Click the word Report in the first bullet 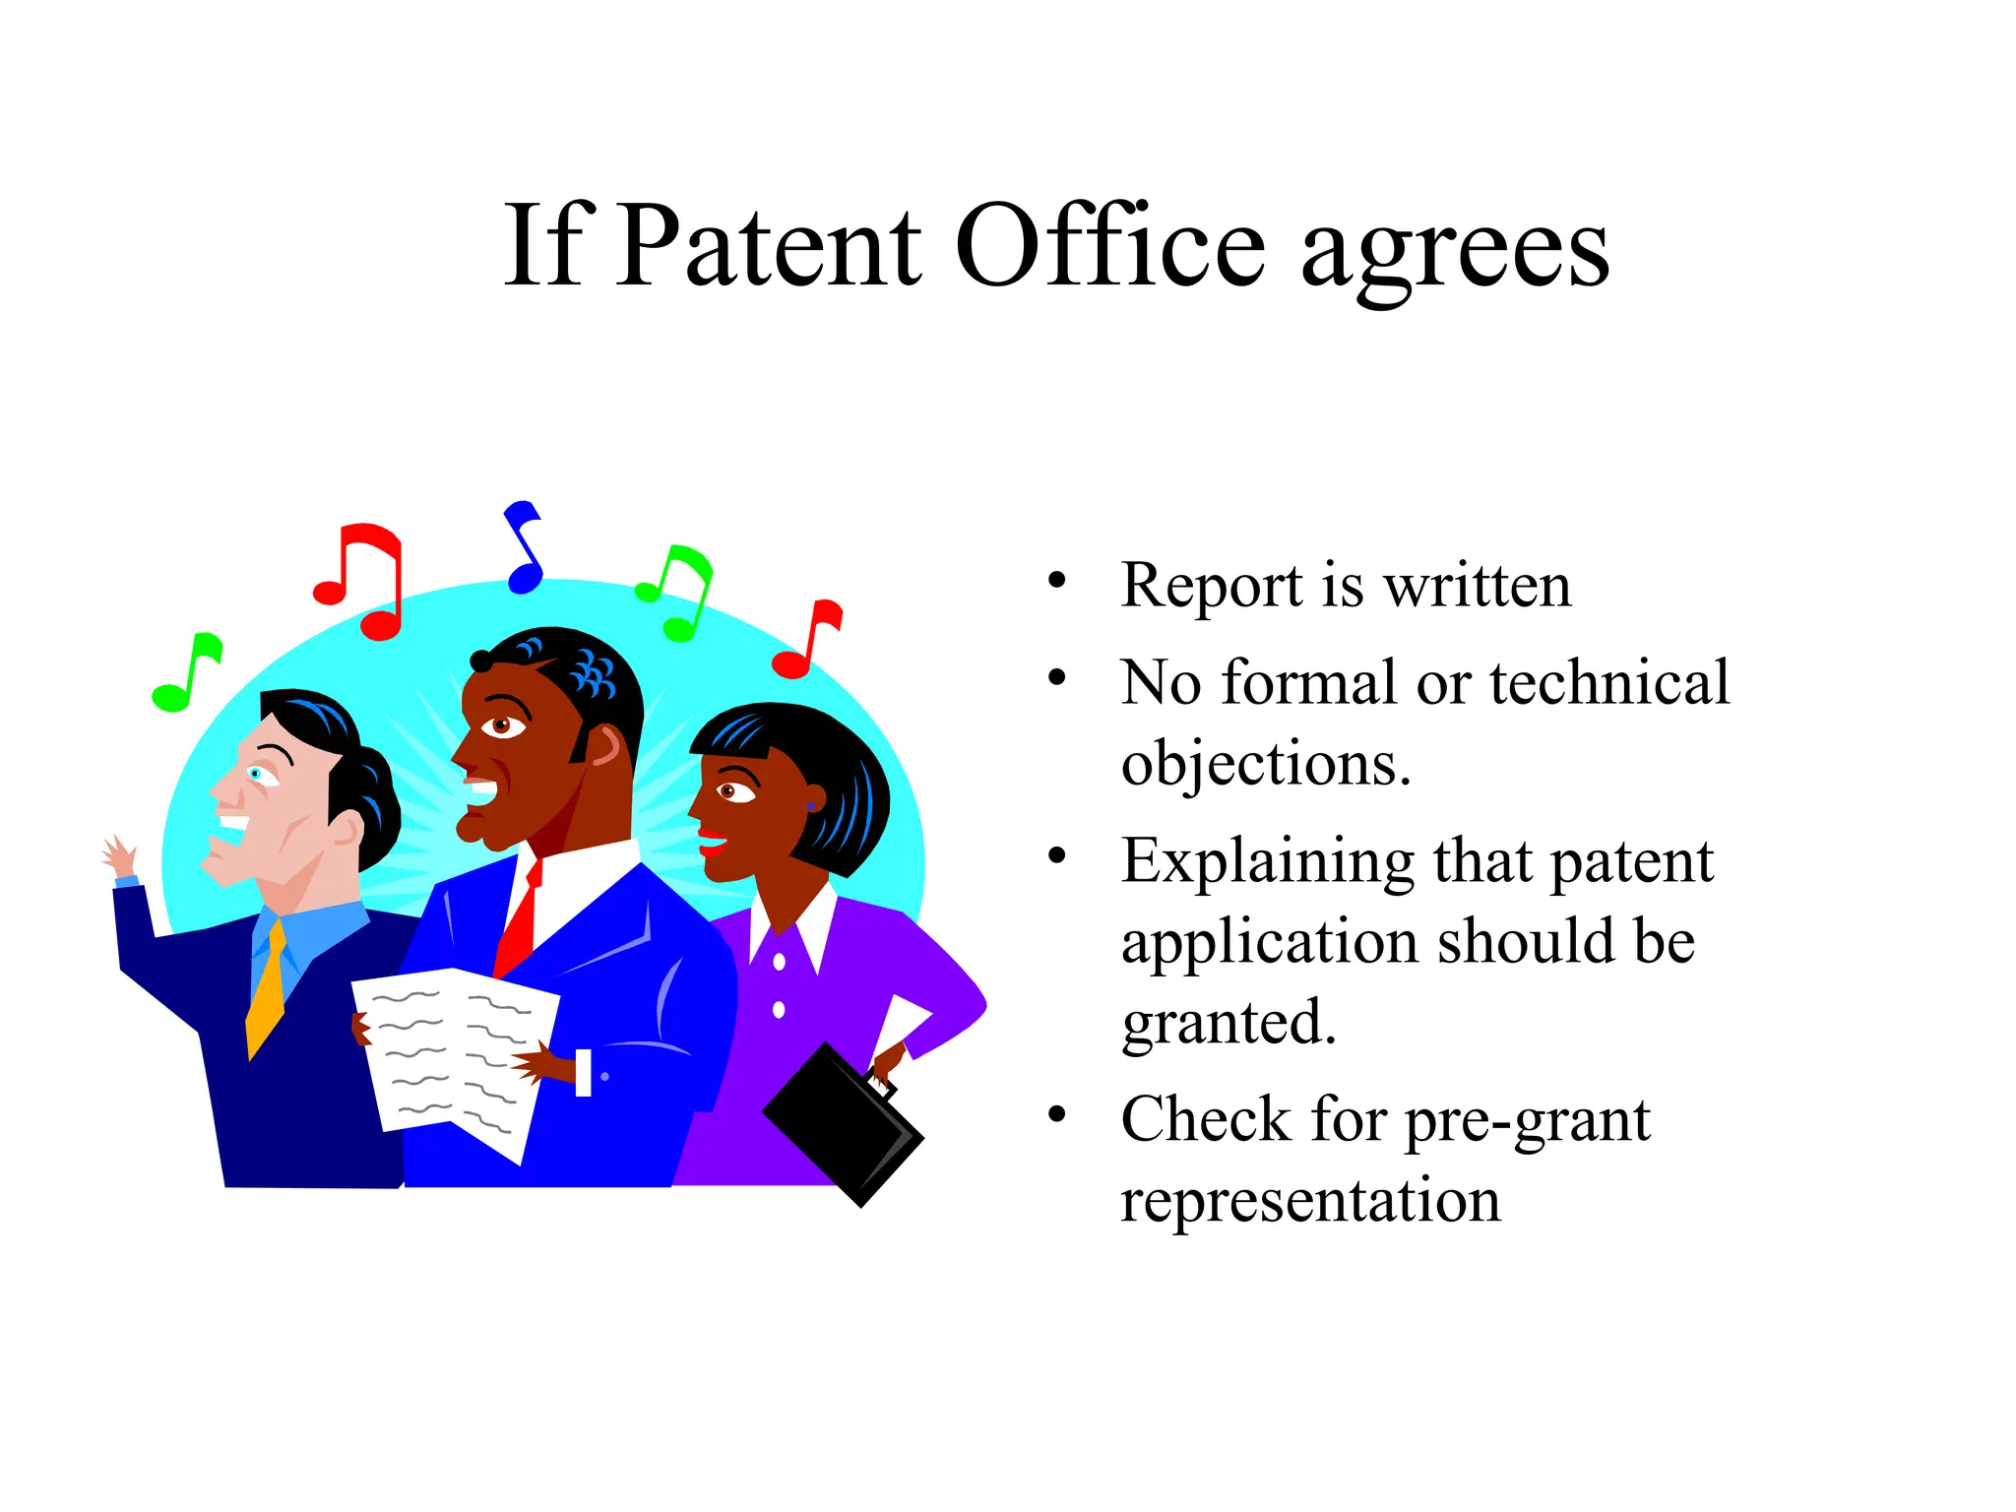coord(1212,586)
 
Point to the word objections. coord(1266,764)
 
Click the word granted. coord(1228,1024)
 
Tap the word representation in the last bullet coord(1310,1201)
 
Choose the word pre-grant coord(1527,1122)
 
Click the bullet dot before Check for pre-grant coord(1057,1114)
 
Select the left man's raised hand coord(120,856)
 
